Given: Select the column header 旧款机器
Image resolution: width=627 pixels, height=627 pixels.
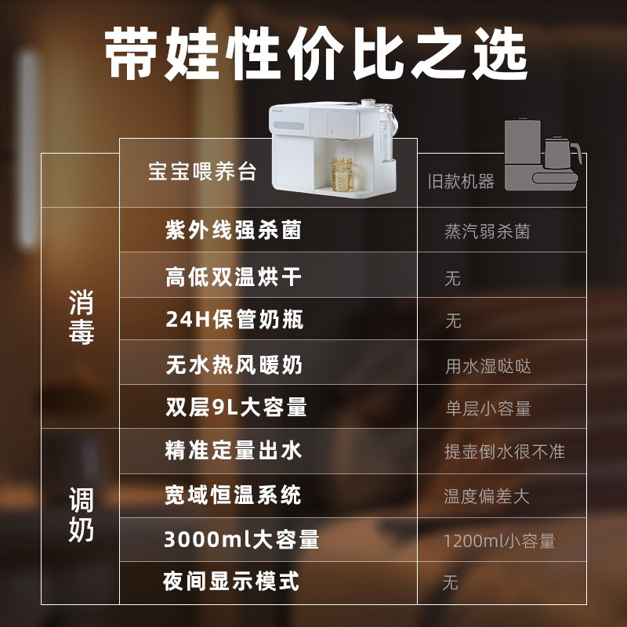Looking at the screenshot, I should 461,182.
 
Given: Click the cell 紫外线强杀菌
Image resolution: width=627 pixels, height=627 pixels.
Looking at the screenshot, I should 233,230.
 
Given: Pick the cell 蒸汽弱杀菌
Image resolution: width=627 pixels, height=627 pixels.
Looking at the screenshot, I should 487,232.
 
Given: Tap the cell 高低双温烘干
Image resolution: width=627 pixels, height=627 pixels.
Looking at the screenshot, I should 233,277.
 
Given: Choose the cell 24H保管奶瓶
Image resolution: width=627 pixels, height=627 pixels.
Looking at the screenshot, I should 234,320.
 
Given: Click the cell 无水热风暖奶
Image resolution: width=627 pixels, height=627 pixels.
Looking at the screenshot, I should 234,364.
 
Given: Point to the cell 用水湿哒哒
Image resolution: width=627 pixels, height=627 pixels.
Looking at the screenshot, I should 488,366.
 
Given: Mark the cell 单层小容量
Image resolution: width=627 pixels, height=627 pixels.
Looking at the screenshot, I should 487,408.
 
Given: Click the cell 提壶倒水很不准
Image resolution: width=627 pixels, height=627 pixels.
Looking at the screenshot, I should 504,452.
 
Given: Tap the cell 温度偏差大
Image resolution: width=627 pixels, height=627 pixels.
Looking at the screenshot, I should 487,497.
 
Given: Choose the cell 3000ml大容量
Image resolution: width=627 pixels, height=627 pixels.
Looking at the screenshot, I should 241,540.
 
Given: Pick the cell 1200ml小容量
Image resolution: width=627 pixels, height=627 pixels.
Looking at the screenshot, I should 499,541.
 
